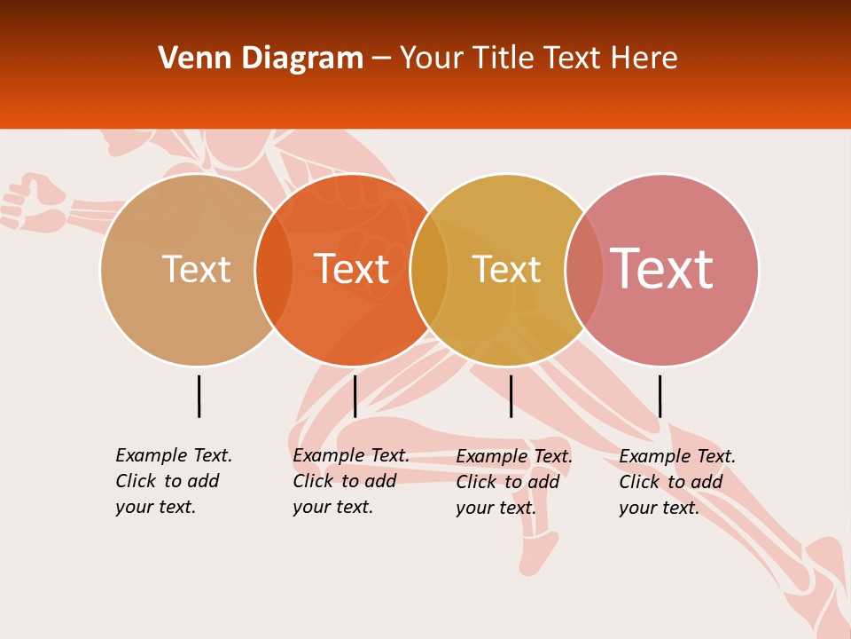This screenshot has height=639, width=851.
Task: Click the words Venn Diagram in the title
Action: (x=261, y=59)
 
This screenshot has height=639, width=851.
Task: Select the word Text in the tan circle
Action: (x=196, y=269)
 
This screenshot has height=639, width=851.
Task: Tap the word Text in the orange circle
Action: (x=352, y=269)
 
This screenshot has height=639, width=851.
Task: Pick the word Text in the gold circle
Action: (x=506, y=269)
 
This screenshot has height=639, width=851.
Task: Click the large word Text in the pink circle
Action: (x=662, y=268)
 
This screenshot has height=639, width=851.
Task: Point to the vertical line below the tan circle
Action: (x=199, y=396)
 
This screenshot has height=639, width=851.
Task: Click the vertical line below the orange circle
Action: (x=355, y=396)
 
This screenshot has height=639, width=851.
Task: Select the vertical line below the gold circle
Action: (x=511, y=396)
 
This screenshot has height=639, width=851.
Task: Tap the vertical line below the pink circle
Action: (x=660, y=396)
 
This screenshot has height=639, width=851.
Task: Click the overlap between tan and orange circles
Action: (x=274, y=269)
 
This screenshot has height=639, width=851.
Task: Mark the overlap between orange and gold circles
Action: (x=429, y=269)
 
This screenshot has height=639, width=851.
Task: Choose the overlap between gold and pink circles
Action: (x=584, y=269)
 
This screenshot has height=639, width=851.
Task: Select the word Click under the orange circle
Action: (x=312, y=481)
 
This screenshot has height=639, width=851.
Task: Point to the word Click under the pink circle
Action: (x=638, y=482)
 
